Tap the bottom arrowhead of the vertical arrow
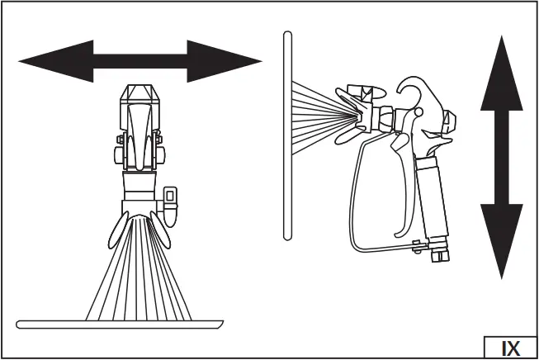point(501,244)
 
